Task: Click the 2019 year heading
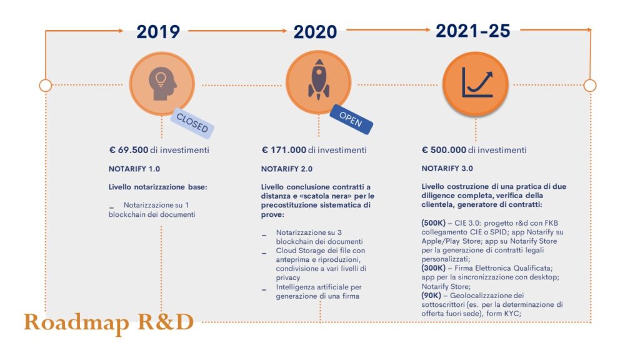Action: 158,32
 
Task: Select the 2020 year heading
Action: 315,32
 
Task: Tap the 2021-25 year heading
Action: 472,31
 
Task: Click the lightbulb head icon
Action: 162,83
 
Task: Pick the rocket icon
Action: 318,82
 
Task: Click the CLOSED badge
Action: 192,122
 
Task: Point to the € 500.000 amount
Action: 449,150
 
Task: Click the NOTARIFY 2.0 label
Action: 287,169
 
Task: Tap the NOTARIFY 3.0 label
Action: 447,169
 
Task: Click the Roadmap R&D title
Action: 109,322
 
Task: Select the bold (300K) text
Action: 434,267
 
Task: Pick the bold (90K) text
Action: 432,296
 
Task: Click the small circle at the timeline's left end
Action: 45,85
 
